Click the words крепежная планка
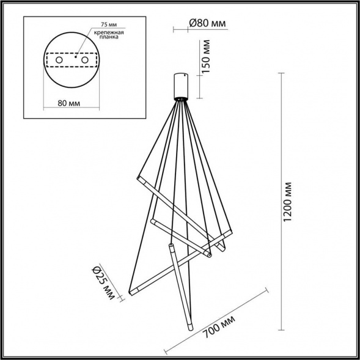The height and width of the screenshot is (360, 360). [x=109, y=37]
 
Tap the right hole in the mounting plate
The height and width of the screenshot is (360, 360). [x=84, y=61]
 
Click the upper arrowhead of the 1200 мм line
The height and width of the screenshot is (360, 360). [x=281, y=74]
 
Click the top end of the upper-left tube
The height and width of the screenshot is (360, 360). [x=139, y=177]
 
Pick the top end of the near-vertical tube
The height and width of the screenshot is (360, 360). [x=171, y=245]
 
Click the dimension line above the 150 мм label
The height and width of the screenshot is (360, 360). [x=199, y=39]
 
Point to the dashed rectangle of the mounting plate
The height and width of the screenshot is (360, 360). [x=72, y=61]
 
